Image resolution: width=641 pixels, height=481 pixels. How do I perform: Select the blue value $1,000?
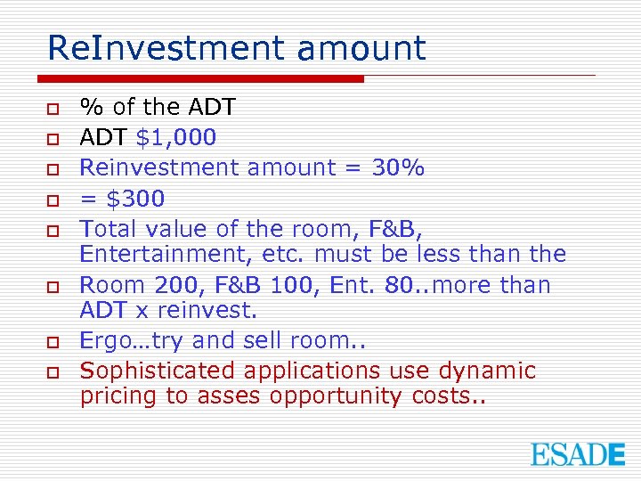pyautogui.click(x=174, y=137)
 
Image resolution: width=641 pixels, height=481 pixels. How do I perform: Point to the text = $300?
pyautogui.click(x=122, y=198)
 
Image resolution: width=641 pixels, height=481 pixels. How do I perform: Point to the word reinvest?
pyautogui.click(x=211, y=311)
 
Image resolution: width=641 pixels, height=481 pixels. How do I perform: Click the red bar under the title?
pyautogui.click(x=206, y=78)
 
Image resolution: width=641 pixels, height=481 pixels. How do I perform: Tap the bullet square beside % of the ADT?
pyautogui.click(x=53, y=109)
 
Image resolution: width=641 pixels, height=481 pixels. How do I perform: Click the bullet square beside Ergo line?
pyautogui.click(x=53, y=341)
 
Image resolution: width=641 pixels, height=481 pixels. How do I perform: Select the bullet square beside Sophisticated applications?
pyautogui.click(x=53, y=371)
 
